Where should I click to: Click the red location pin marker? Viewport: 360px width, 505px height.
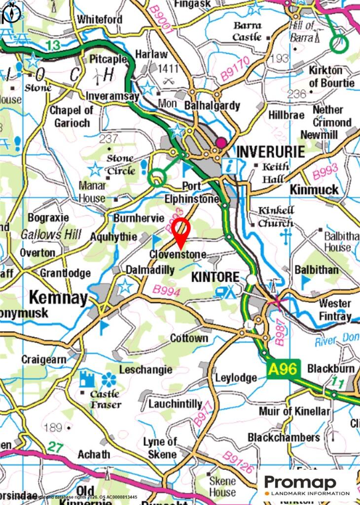pos(181,231)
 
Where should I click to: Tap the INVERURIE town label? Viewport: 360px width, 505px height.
pos(271,151)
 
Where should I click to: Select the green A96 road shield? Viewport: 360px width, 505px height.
pos(283,369)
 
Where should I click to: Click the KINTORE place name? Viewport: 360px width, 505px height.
pos(215,277)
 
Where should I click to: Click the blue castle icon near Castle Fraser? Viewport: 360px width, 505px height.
pos(87,380)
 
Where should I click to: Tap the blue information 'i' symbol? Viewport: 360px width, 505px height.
pos(228,166)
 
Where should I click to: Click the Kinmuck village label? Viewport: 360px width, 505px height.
pos(314,190)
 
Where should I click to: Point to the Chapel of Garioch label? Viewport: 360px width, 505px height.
pos(71,117)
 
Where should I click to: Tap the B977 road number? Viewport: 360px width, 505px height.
pos(202,413)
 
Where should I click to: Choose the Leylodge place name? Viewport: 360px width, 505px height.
pos(236,378)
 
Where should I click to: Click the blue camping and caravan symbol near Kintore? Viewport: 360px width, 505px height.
pos(225,292)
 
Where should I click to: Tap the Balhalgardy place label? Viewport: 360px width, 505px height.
pos(212,106)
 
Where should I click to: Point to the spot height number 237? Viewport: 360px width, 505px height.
pos(108,139)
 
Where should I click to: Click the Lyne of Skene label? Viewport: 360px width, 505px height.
pos(160,448)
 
